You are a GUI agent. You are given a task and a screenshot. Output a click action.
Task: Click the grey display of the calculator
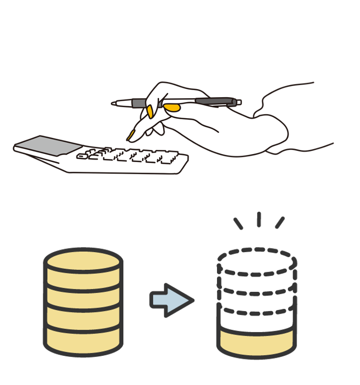point(48,145)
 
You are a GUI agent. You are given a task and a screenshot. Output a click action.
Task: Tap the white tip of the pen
point(117,103)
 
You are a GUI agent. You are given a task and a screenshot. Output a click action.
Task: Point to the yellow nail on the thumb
point(173,107)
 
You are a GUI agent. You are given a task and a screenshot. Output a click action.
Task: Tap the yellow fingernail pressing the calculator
point(132,135)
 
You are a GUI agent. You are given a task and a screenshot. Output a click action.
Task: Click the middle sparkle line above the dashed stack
point(258,219)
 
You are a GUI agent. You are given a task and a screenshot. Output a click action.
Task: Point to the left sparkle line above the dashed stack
point(238,223)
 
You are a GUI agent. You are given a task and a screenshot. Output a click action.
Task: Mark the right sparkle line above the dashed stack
point(279,222)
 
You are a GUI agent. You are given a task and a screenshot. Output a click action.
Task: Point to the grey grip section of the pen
point(138,103)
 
